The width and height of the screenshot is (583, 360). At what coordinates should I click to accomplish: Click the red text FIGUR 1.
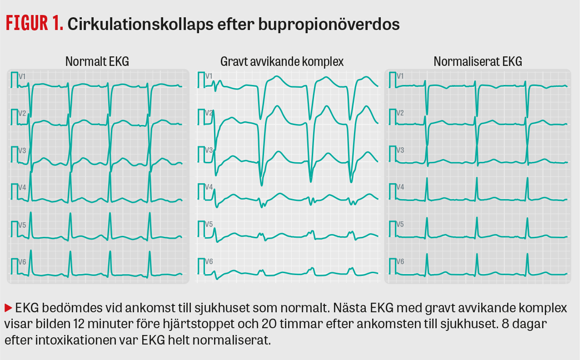pos(34,24)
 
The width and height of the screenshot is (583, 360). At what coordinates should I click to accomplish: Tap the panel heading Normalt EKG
pos(97,61)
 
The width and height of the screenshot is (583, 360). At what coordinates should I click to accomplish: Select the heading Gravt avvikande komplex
pos(282,61)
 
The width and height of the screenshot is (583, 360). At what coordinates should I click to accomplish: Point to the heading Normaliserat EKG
pos(478,61)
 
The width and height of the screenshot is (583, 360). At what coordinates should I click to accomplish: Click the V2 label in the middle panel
pos(209,113)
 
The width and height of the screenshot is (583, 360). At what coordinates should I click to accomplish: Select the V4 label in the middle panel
pos(209,187)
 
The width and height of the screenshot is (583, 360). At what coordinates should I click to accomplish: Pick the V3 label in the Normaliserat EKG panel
pos(400,150)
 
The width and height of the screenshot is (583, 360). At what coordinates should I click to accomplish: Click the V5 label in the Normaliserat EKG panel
pos(400,224)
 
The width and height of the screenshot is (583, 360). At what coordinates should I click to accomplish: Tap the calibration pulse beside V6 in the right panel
pos(391,265)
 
